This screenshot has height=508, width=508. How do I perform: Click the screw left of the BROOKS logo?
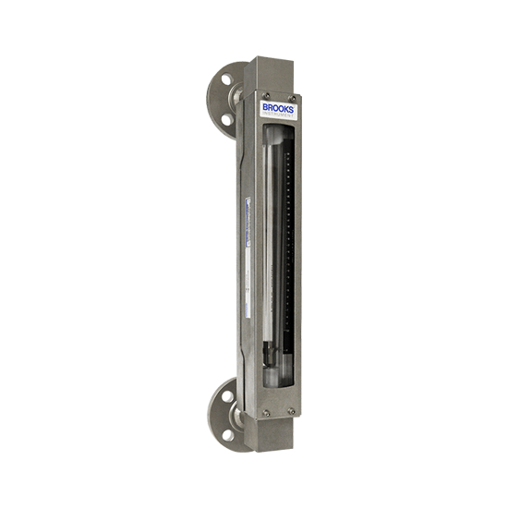point(265,96)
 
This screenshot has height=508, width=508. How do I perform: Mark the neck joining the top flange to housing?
point(237,94)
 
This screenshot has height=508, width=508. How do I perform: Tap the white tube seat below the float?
point(270,375)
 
